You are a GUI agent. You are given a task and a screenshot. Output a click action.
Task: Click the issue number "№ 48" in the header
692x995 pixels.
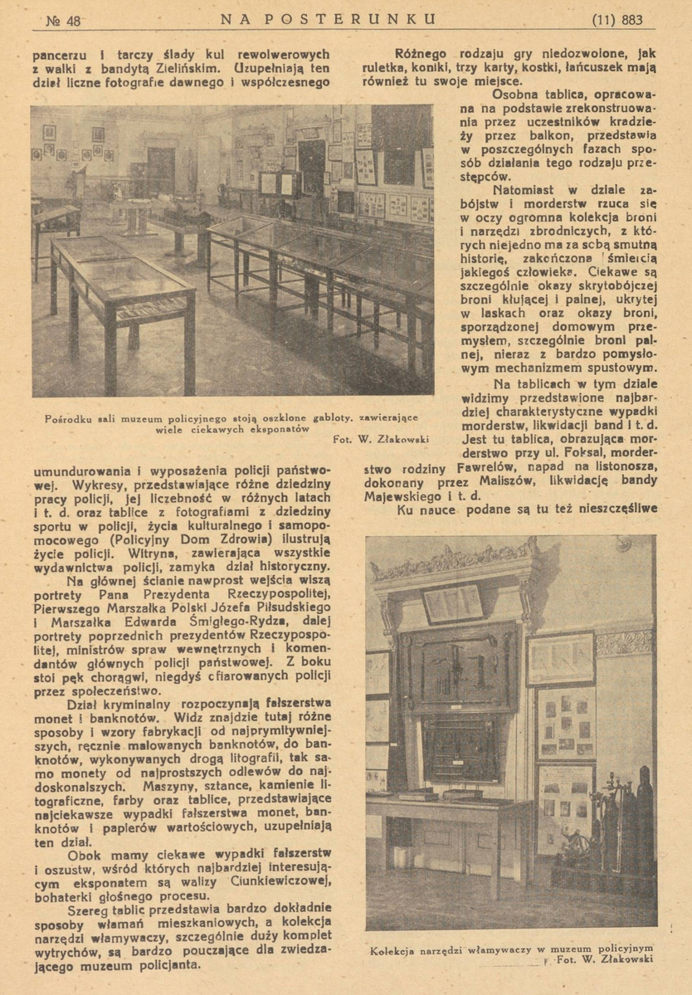[x=63, y=19]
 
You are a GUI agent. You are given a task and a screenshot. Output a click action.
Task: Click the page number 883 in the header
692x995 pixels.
[x=629, y=19]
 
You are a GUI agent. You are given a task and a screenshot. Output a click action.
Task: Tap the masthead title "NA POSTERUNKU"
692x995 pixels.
[x=328, y=18]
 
